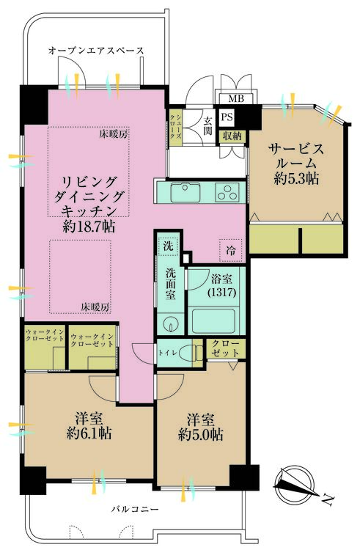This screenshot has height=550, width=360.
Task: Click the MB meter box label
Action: click(236, 98)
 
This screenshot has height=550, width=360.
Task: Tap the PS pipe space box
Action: click(227, 117)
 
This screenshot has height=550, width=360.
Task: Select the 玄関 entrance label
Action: click(208, 125)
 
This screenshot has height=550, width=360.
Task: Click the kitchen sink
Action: click(185, 193)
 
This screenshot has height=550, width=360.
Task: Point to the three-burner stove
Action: click(227, 193)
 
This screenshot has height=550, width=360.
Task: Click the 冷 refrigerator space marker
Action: click(231, 250)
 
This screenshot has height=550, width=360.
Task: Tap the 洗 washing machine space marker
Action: click(169, 246)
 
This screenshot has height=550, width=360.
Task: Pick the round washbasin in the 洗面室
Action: click(170, 323)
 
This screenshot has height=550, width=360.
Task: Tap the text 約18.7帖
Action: click(89, 227)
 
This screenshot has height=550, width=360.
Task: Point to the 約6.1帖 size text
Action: click(89, 433)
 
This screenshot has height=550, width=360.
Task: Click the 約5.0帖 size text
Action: click(200, 435)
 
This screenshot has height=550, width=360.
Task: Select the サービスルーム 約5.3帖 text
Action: click(296, 164)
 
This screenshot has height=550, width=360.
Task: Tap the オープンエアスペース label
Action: click(96, 51)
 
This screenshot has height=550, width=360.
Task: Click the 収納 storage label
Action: click(232, 136)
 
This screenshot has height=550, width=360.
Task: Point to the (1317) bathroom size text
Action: click(221, 293)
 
